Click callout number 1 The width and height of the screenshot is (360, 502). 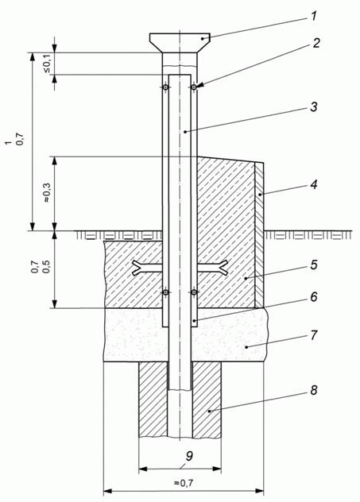point(314,16)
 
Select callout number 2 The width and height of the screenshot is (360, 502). point(315,43)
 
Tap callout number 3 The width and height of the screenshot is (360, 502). point(314,107)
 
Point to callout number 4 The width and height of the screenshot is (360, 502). point(314,184)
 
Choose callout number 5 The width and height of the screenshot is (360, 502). point(314,265)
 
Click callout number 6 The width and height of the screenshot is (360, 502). point(314,297)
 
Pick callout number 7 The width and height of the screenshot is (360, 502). point(314,335)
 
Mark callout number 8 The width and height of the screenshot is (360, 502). point(314,390)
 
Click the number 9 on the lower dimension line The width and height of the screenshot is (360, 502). point(189,456)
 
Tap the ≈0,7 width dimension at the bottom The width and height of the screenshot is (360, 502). point(184,483)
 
